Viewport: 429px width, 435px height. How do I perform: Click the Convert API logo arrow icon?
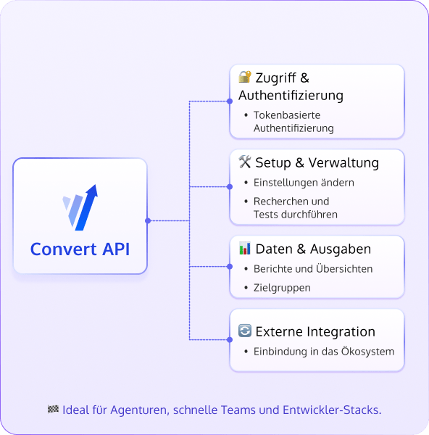click(80, 207)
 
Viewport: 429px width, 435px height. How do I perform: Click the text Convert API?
click(80, 249)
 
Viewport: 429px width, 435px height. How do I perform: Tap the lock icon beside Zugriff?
click(245, 78)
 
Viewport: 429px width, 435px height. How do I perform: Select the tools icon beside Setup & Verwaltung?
click(245, 162)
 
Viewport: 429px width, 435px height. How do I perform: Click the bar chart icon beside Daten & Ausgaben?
click(245, 249)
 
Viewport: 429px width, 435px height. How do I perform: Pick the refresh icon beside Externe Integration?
click(245, 331)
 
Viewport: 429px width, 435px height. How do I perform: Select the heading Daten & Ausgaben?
click(313, 249)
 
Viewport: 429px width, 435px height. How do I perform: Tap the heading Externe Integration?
click(315, 331)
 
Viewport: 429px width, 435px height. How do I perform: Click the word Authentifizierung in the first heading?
click(291, 96)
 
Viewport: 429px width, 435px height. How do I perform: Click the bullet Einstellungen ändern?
click(304, 183)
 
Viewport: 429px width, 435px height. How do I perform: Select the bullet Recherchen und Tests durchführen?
click(296, 207)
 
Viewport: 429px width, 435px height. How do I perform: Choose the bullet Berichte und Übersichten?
click(313, 269)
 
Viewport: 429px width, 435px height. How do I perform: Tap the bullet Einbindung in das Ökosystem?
click(323, 352)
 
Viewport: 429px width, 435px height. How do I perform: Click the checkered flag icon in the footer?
click(53, 410)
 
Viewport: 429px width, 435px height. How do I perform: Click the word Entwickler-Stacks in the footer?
click(338, 410)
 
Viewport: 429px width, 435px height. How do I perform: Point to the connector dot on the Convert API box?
click(147, 220)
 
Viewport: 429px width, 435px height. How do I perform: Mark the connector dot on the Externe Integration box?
click(230, 339)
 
